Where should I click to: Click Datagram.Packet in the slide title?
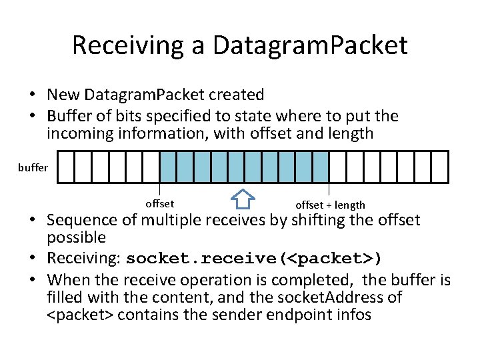click(310, 45)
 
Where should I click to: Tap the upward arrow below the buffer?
click(244, 199)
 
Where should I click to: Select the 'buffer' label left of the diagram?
click(33, 167)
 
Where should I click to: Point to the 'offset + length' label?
click(330, 205)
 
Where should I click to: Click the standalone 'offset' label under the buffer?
click(159, 203)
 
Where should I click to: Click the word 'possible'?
click(76, 237)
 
